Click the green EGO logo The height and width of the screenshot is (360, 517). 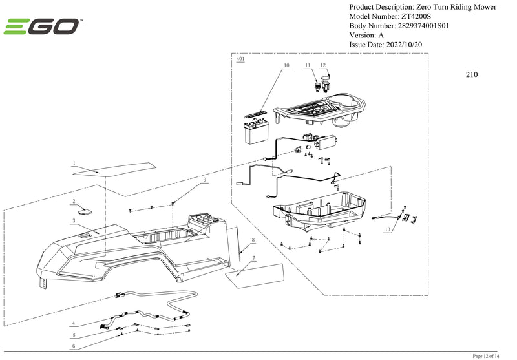tap(43, 27)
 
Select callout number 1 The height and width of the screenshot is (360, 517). tap(74, 164)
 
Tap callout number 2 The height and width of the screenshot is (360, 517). tap(74, 202)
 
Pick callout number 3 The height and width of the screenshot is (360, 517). tap(74, 221)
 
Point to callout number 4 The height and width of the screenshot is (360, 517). tap(74, 323)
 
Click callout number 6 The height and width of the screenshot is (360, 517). tap(74, 346)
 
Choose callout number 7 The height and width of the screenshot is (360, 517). tap(253, 258)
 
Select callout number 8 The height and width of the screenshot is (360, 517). tap(253, 240)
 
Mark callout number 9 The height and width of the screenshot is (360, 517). tap(204, 179)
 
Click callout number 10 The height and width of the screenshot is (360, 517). tap(286, 66)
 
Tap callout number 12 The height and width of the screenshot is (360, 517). tap(324, 66)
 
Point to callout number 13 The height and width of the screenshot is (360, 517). tap(388, 229)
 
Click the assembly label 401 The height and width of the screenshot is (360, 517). tap(240, 59)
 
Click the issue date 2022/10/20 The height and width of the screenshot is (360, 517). tap(405, 45)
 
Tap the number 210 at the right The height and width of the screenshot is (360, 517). tap(472, 74)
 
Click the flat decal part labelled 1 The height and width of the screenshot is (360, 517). tap(113, 169)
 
